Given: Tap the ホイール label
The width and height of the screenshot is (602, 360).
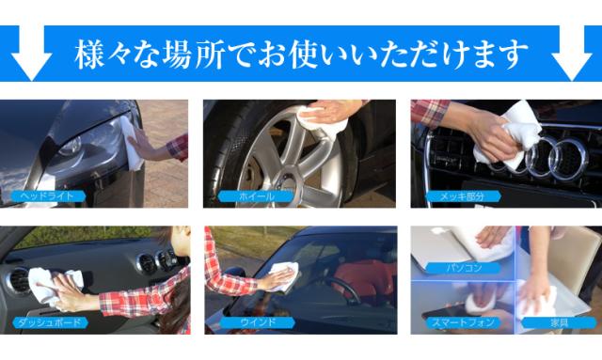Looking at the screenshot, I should (255, 196).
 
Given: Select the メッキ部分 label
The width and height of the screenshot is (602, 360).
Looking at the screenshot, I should (467, 196).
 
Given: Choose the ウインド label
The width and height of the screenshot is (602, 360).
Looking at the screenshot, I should (257, 322).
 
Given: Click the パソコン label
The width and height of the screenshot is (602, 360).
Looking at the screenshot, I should (465, 268).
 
